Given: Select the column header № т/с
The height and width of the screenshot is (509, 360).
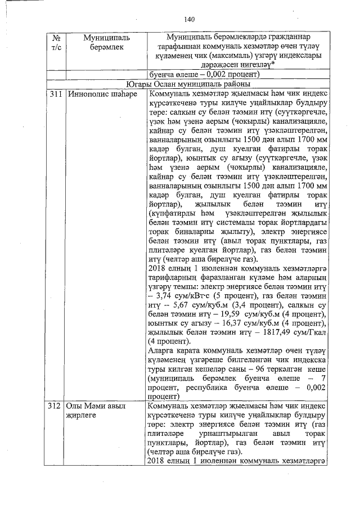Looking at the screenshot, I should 56,43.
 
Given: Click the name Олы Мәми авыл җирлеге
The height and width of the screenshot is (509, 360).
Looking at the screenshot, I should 95,411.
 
